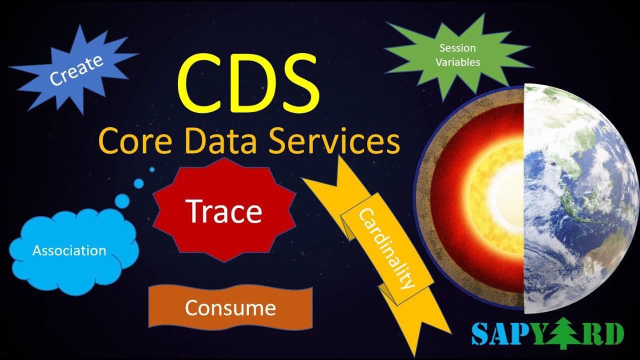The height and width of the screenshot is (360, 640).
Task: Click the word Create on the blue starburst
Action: tap(76, 69)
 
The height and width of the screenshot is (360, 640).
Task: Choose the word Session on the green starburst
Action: tap(457, 48)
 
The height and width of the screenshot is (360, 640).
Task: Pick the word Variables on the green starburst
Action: tap(457, 62)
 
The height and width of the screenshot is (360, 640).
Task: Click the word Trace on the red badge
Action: tap(224, 211)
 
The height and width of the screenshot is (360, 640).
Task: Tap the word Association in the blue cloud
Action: tap(69, 250)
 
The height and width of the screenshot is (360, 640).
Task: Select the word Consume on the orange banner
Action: tap(230, 308)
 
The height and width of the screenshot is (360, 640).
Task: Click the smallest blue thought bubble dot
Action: tap(152, 169)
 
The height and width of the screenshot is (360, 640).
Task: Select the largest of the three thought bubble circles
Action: tap(122, 201)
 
